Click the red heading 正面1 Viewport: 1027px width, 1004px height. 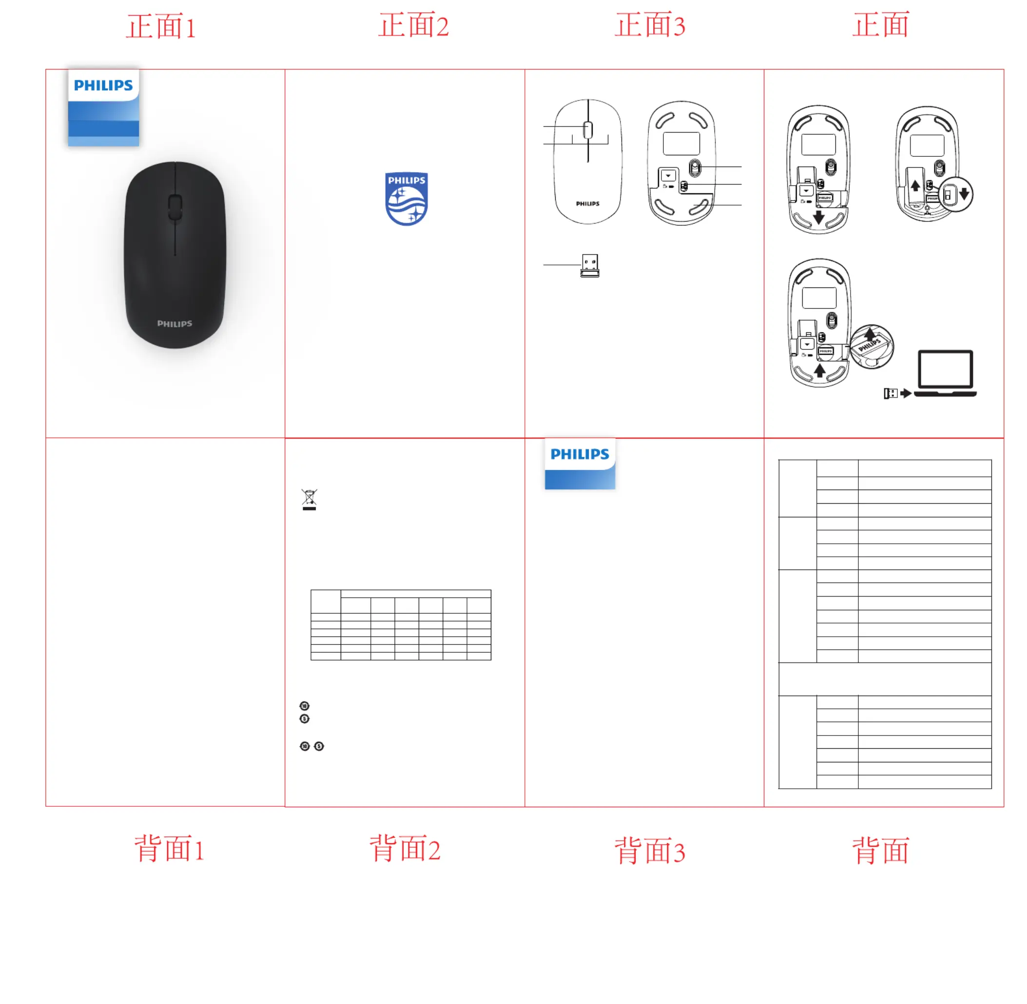(161, 26)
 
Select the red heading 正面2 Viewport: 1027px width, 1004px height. (413, 25)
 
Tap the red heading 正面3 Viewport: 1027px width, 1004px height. (650, 25)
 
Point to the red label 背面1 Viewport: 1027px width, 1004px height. (169, 849)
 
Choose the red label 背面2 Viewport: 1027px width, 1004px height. (405, 849)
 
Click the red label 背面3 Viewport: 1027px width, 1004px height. (650, 851)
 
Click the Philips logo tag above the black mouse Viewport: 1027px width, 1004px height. (103, 107)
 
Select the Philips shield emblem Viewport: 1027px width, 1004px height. (406, 199)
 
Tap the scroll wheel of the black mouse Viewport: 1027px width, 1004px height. (175, 207)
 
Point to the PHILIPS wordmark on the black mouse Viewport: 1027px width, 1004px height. (174, 323)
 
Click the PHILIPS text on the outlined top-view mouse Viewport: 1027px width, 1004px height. (588, 204)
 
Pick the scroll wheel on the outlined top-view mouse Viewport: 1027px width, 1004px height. (588, 130)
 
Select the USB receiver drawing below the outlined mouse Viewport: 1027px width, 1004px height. (590, 265)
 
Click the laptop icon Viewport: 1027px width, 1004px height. (945, 373)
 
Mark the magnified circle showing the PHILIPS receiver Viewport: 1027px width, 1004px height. (872, 346)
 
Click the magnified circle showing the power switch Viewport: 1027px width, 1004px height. (956, 194)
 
